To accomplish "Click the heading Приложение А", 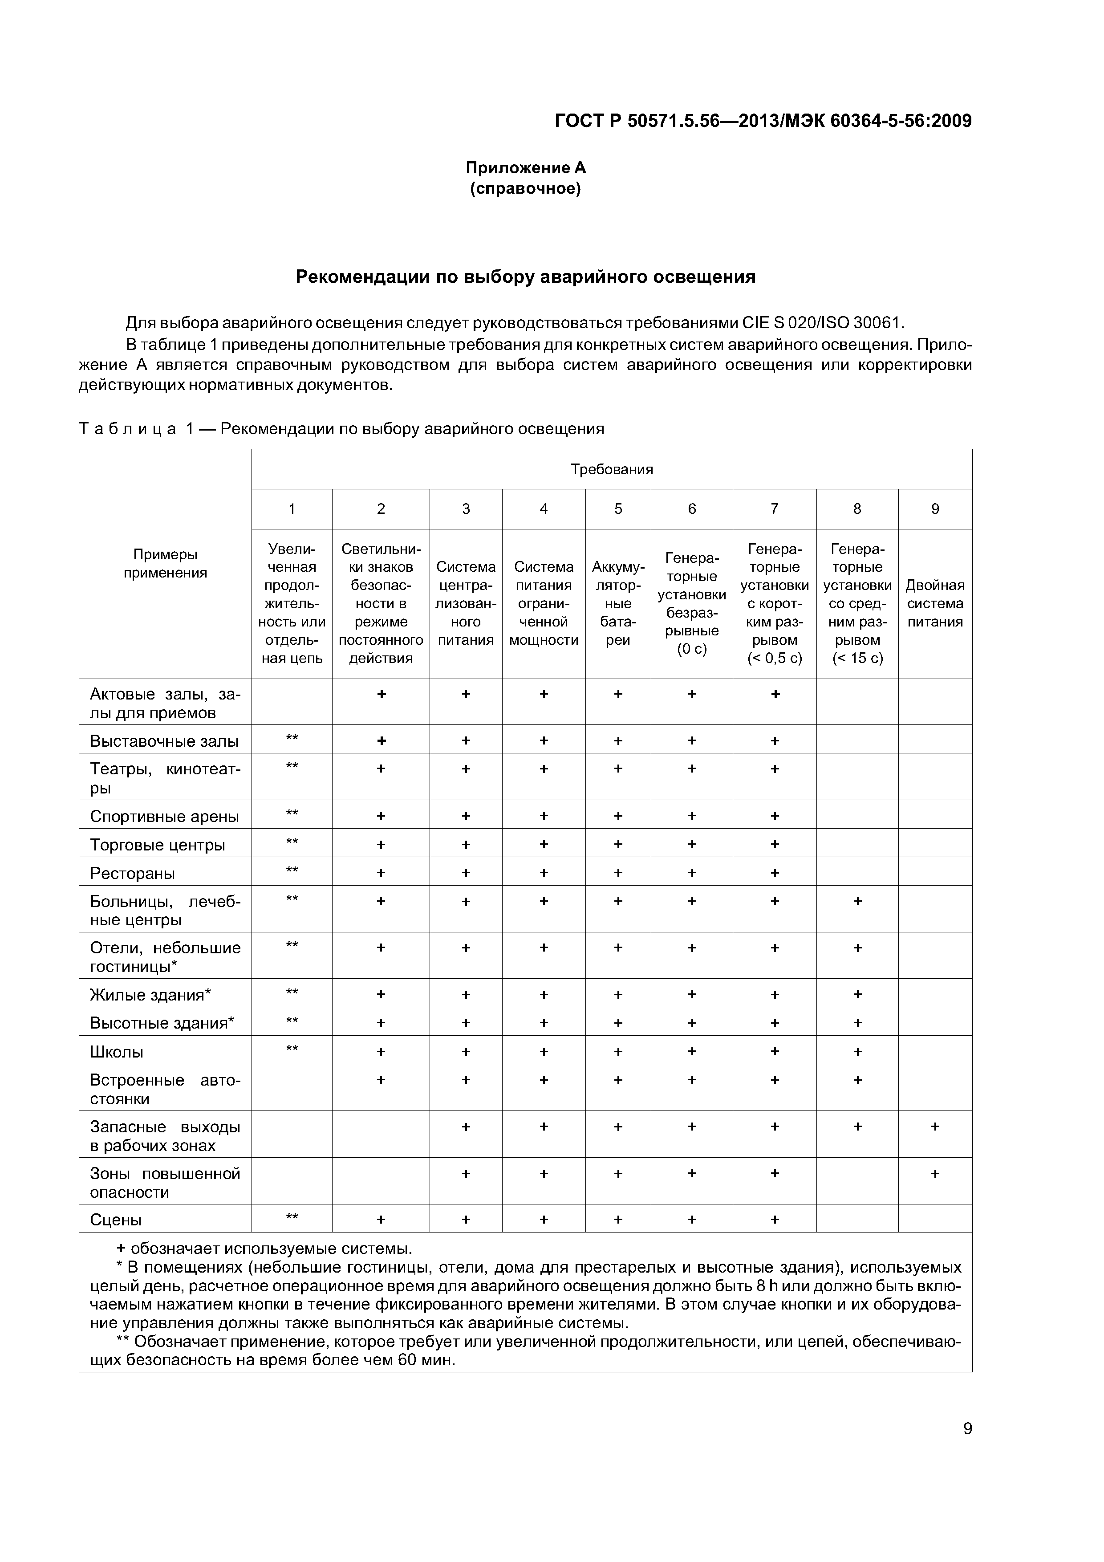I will click(525, 167).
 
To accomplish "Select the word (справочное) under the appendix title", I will click(525, 188).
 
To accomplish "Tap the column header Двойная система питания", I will click(935, 603).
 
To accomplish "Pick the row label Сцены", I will click(116, 1220).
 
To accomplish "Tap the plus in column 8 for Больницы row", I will click(857, 901).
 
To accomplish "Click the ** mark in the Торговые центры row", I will click(292, 842).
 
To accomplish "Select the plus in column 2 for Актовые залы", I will click(381, 694).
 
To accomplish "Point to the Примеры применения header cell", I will click(165, 563).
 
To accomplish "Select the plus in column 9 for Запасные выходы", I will click(935, 1126).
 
